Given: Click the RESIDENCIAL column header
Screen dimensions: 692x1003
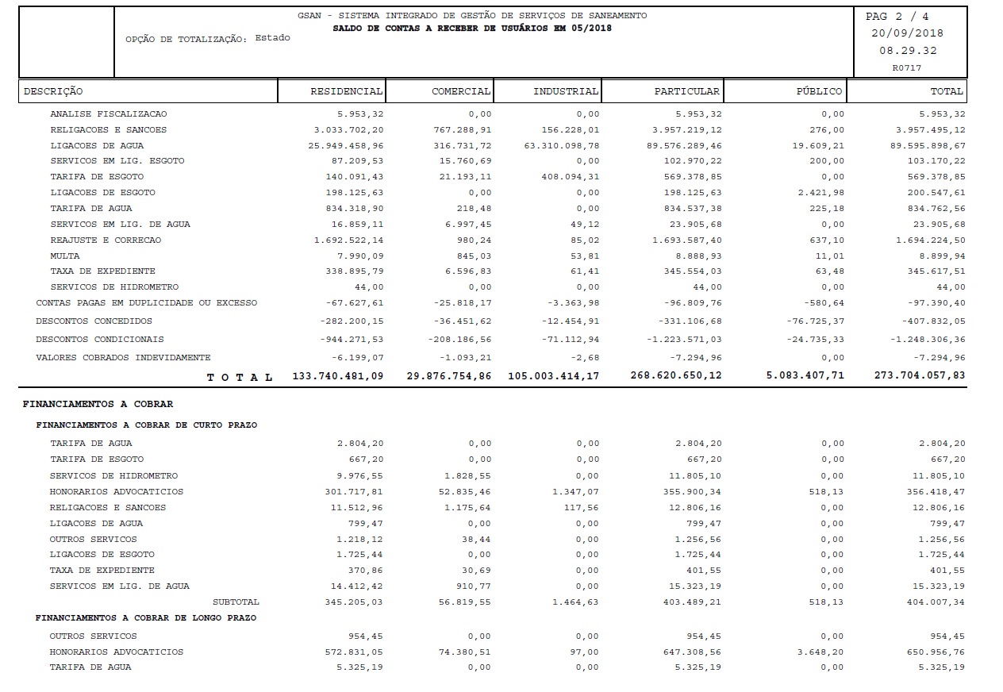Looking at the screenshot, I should click(x=346, y=91).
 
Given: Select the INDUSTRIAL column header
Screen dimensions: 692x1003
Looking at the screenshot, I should click(x=565, y=91).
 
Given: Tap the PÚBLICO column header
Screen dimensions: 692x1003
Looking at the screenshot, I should click(x=820, y=91).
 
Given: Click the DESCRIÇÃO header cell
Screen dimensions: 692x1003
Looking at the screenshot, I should click(x=53, y=91).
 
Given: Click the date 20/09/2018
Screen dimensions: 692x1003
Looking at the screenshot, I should click(x=907, y=33).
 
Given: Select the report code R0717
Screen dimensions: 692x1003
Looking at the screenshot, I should click(x=907, y=68).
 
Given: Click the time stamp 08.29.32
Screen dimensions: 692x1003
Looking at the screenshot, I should click(x=907, y=51).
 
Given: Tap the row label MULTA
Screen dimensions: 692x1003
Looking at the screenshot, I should click(x=64, y=256).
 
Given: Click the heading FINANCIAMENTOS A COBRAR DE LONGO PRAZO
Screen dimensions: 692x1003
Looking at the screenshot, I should click(x=146, y=617).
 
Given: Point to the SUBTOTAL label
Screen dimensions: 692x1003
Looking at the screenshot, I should click(x=236, y=602).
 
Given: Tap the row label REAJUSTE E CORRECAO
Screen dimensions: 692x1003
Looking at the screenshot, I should click(x=106, y=240).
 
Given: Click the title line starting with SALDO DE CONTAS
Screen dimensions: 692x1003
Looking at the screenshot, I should click(x=472, y=29).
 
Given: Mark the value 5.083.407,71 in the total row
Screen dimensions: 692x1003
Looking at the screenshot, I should click(x=805, y=375).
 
